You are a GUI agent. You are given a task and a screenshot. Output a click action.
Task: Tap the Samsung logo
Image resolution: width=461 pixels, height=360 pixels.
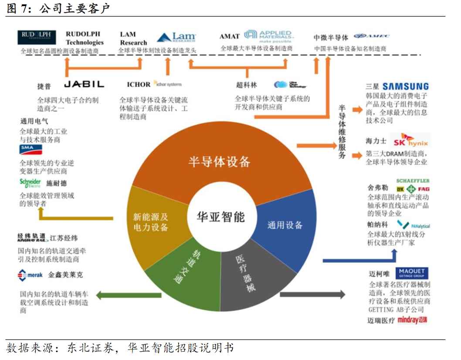click(x=405, y=86)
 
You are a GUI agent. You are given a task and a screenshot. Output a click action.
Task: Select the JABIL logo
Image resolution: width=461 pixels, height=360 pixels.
click(x=84, y=84)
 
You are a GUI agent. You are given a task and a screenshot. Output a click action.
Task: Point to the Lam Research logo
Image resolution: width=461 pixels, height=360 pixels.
click(x=176, y=38)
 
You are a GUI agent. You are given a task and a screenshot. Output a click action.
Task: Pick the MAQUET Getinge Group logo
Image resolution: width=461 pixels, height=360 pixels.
click(x=412, y=274)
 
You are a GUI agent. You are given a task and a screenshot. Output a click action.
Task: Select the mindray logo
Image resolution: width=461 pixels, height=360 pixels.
click(x=412, y=320)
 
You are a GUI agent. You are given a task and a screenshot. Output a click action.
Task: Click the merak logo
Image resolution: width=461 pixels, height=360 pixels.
click(x=31, y=275)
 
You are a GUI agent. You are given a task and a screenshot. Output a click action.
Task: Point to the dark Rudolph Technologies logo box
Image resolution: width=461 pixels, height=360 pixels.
click(x=37, y=37)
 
